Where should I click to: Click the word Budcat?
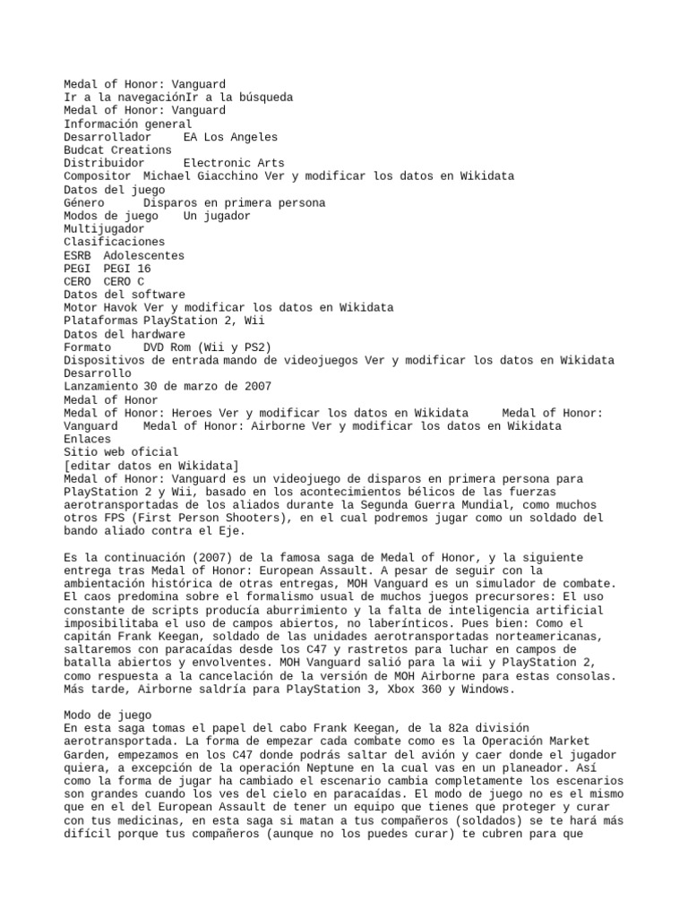coord(84,150)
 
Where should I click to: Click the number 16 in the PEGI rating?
coord(143,268)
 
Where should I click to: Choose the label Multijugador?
coord(104,228)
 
